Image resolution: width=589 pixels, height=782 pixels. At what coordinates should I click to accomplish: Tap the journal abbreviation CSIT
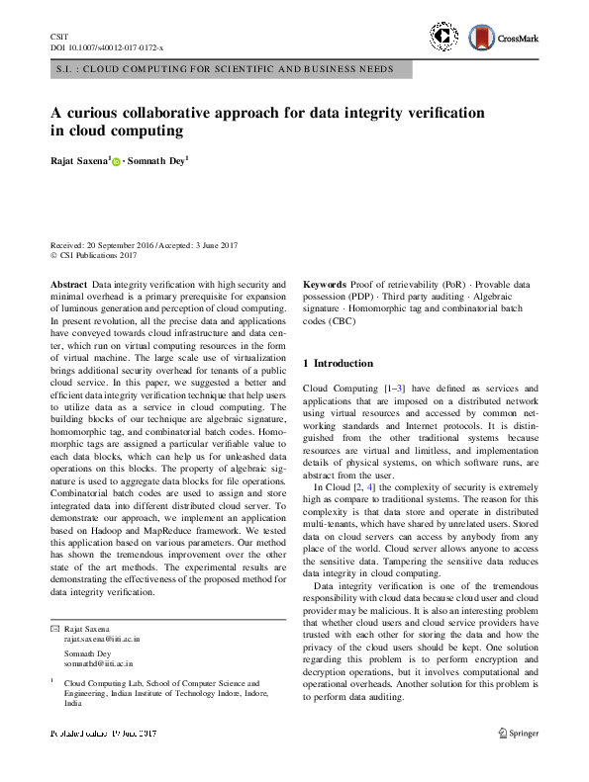coord(58,36)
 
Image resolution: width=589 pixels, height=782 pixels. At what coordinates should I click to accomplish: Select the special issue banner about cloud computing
coord(224,69)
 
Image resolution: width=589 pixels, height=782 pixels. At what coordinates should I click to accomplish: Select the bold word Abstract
coord(67,284)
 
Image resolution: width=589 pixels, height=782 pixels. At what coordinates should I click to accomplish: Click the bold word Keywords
coord(325,284)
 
